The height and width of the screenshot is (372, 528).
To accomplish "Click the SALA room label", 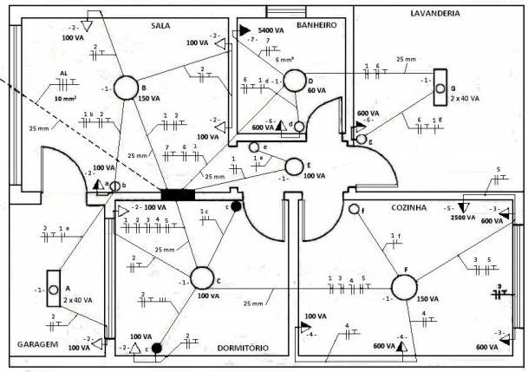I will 160,25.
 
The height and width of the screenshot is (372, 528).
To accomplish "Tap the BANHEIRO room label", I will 315,25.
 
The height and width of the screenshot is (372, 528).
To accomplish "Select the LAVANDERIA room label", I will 434,14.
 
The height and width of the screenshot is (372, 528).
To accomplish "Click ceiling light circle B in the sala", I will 127,88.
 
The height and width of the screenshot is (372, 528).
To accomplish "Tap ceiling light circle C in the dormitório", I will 202,278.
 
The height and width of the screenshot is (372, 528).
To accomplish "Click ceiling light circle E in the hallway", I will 296,165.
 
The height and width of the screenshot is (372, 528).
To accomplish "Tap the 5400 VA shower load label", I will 271,29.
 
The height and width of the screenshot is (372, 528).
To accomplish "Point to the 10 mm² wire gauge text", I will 65,100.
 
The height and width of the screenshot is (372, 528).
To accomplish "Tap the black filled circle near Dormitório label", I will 157,349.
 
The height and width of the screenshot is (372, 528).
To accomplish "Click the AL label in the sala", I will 63,74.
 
